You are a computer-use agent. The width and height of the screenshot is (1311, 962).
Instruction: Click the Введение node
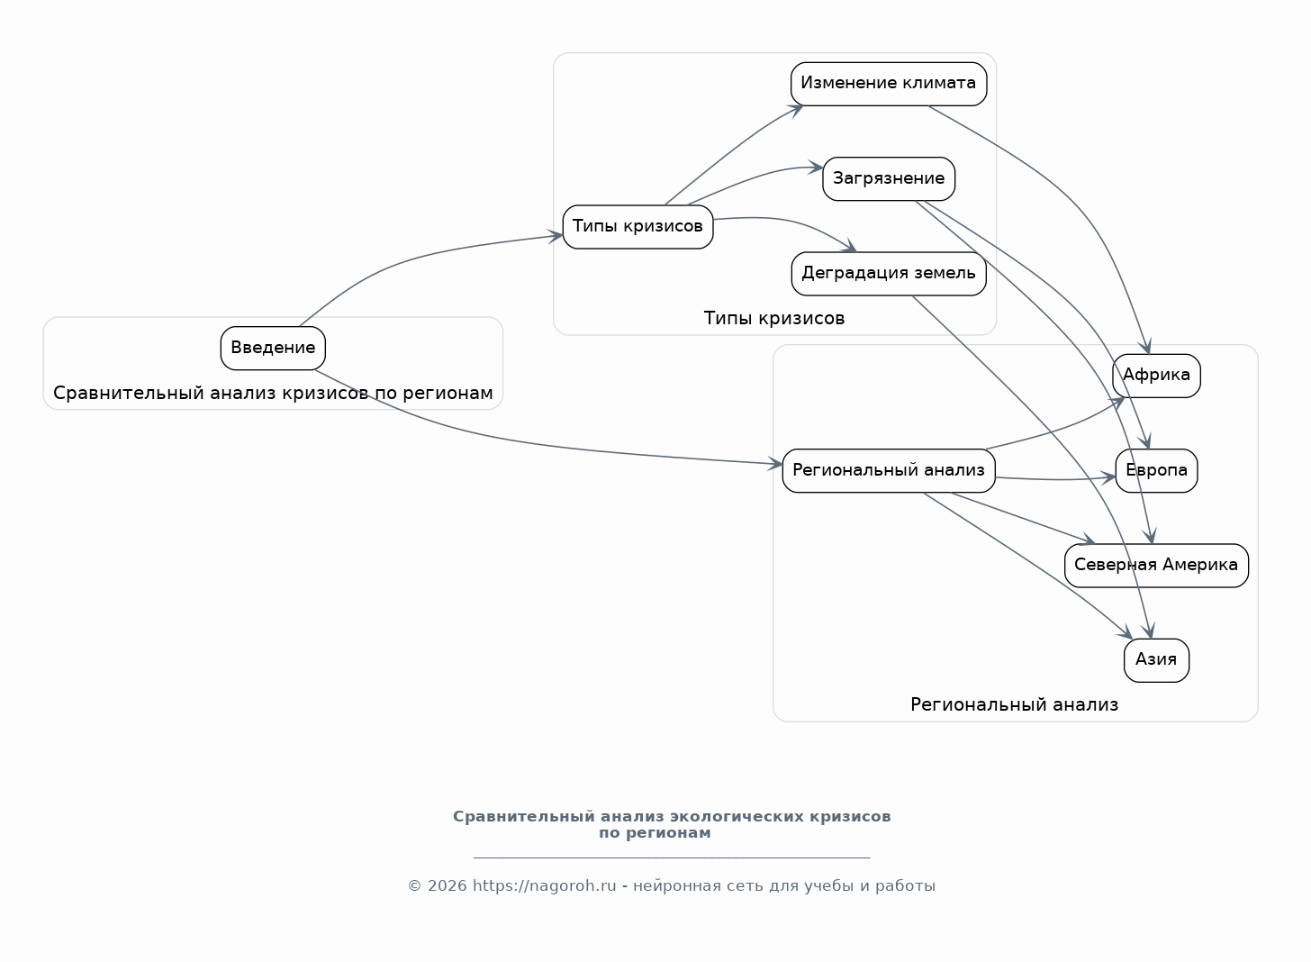(x=273, y=349)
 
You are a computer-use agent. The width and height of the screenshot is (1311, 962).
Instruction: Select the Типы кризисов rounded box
(x=637, y=227)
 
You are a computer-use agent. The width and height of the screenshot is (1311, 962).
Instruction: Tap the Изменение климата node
(x=889, y=84)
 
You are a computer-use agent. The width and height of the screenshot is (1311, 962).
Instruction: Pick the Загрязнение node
(x=889, y=178)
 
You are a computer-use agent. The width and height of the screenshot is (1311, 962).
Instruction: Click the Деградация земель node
(x=889, y=274)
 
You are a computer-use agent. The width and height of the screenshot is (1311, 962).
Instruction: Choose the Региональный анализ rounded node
(x=889, y=471)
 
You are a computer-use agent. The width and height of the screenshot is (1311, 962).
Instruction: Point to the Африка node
(x=1156, y=376)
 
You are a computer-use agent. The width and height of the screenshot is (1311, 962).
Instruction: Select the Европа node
(x=1156, y=471)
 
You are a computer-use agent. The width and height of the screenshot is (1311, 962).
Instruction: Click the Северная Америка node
(x=1156, y=566)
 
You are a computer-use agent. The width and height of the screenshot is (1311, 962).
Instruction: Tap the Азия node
(x=1156, y=660)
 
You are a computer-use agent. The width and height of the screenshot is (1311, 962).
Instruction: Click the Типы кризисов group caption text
(x=773, y=319)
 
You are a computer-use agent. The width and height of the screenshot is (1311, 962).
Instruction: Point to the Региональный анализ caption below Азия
(x=1014, y=705)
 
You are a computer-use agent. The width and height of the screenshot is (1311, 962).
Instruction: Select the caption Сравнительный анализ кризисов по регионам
(x=273, y=393)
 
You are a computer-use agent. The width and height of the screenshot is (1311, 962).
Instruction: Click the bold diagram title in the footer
(x=672, y=824)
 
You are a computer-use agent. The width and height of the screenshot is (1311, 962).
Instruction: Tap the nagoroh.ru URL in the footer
(x=544, y=885)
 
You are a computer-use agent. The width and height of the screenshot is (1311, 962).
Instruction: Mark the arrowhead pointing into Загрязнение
(x=815, y=168)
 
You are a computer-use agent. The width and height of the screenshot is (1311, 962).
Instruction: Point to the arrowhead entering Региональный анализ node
(x=775, y=464)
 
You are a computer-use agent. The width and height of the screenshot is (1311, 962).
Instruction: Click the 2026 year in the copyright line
(x=448, y=885)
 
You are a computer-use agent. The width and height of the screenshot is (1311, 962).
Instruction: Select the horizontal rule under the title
(x=672, y=858)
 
